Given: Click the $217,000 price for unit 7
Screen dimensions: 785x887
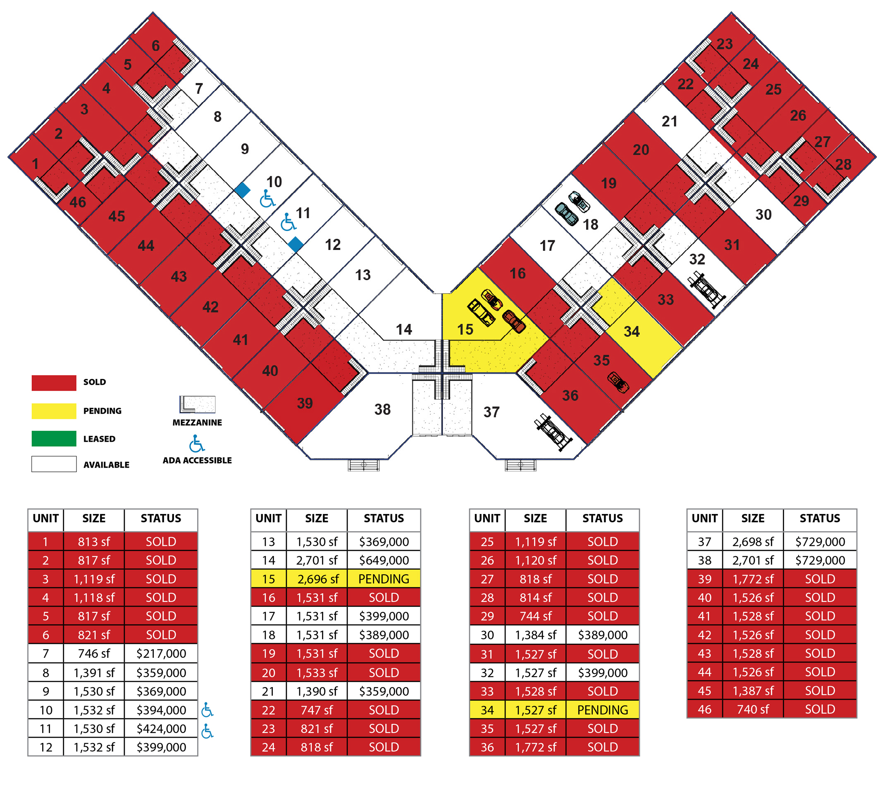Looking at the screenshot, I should [161, 654].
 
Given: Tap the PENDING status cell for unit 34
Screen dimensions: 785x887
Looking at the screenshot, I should [602, 710].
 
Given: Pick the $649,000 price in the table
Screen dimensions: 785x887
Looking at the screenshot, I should [384, 560].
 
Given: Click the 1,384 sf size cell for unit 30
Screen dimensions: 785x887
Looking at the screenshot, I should [536, 635].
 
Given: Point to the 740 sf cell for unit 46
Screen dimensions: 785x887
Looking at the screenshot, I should [753, 709].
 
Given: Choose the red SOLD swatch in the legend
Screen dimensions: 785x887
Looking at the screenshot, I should [54, 383].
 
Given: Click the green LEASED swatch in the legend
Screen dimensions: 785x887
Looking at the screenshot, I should [54, 438].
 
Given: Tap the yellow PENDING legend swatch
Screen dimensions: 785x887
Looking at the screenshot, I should [54, 411].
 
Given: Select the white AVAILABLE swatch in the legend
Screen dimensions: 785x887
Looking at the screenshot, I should [54, 464].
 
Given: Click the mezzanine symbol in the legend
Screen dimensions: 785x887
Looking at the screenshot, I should [198, 404].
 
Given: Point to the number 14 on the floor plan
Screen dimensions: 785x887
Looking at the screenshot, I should [404, 330].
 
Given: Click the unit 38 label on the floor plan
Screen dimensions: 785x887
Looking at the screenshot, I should [382, 409].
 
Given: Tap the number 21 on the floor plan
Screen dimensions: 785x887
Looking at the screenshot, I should [669, 121].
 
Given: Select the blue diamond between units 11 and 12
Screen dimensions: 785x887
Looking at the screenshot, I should [296, 244].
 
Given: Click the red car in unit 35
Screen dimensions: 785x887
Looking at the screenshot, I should [618, 382].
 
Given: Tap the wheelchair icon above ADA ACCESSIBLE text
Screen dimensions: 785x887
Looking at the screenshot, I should [197, 444].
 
